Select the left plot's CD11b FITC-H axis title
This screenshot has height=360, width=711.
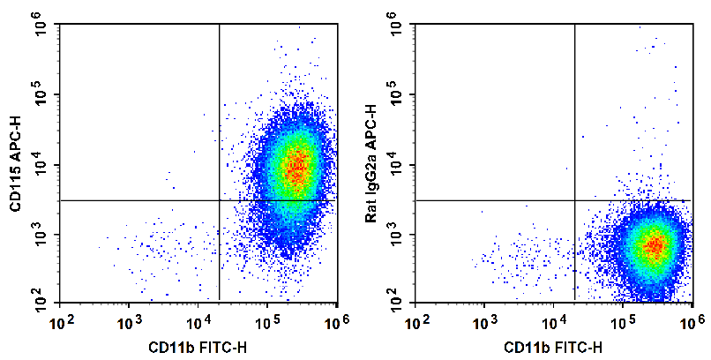click(198, 346)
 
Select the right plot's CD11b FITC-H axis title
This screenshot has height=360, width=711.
click(554, 346)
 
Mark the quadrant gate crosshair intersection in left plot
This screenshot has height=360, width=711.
click(219, 200)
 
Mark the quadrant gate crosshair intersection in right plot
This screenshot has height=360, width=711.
click(574, 200)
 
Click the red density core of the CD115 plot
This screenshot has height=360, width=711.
click(297, 165)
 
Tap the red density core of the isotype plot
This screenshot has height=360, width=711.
click(653, 246)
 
